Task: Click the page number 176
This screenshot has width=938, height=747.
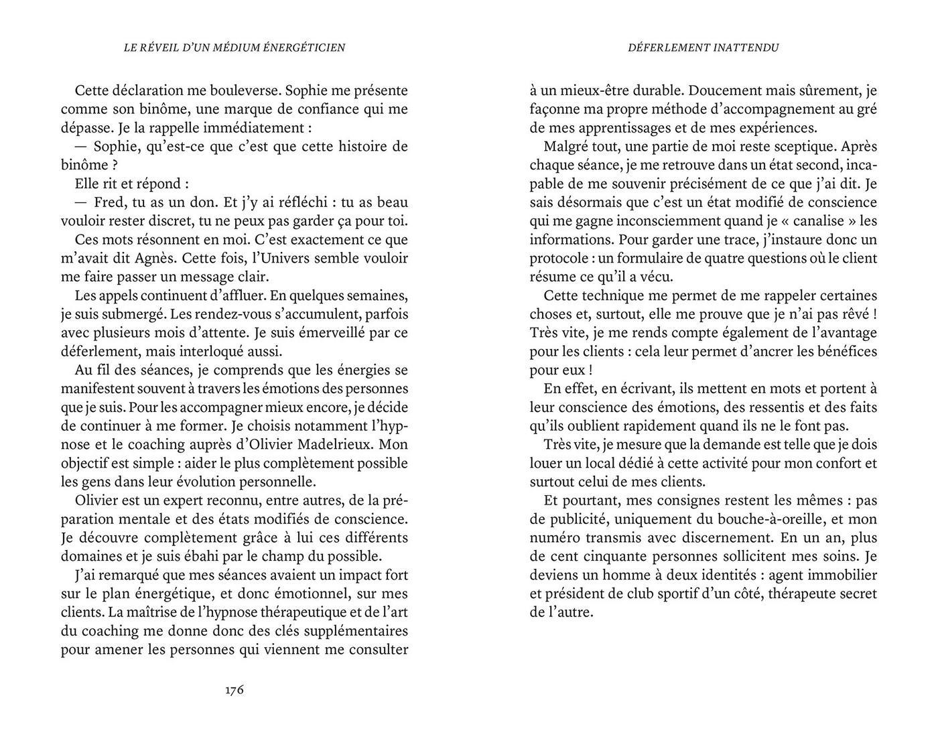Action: (234, 689)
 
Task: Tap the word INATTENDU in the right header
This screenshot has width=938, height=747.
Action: (746, 48)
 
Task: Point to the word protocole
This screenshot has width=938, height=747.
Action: (559, 258)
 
